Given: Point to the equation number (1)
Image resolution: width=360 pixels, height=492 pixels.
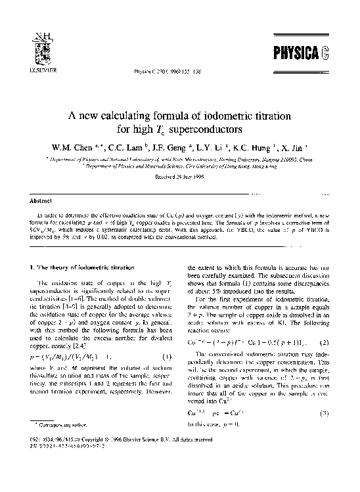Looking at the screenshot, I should point(168,375).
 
